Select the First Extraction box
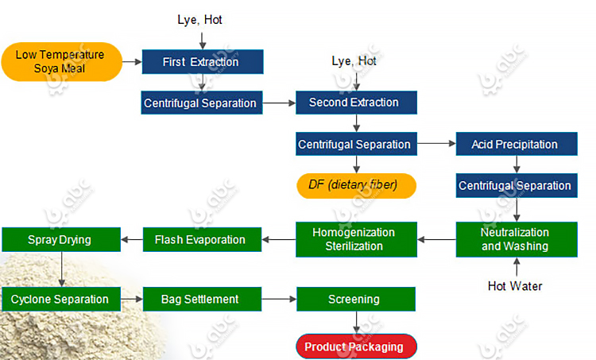(x=202, y=62)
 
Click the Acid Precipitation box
(x=514, y=145)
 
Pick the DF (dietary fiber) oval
(x=357, y=186)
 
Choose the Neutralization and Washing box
(x=514, y=239)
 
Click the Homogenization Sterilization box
(x=357, y=239)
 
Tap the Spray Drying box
(x=60, y=239)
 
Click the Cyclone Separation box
(x=60, y=300)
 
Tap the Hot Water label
(x=514, y=286)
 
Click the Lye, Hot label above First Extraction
(x=199, y=20)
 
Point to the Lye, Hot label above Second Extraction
(x=354, y=60)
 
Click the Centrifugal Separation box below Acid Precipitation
(x=514, y=186)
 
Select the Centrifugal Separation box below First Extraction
(x=200, y=103)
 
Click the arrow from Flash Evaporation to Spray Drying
(x=132, y=239)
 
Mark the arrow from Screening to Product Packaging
(x=355, y=323)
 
